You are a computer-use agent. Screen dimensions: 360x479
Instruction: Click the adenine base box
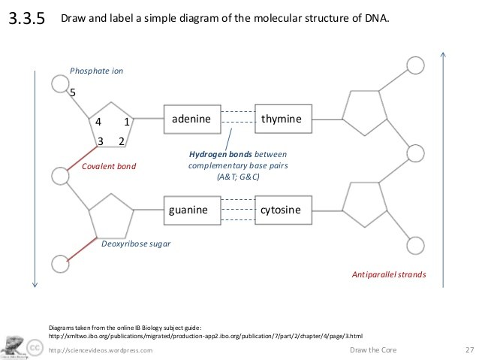[191, 119]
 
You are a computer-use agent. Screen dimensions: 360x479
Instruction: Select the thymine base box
[282, 119]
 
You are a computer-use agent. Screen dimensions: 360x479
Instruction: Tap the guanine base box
[188, 210]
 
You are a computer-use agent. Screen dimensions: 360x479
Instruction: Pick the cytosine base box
[281, 210]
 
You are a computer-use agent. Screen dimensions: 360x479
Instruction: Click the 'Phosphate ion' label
[96, 71]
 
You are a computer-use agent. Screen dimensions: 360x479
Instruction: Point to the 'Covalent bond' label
[110, 165]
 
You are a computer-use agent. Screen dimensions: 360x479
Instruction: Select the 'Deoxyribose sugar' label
[135, 244]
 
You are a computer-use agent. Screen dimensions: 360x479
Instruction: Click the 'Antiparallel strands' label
[389, 275]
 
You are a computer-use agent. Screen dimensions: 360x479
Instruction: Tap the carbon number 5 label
[73, 92]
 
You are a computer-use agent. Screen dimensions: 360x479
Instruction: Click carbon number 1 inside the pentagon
[127, 121]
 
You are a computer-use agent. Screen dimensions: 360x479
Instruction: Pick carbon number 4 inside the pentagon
[97, 121]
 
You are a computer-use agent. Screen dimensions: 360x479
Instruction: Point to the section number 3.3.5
[27, 20]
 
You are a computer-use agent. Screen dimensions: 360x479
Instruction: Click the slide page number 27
[470, 350]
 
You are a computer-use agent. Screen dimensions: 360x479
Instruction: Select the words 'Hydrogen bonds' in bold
[220, 154]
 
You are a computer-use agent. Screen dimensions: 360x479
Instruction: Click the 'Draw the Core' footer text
[373, 350]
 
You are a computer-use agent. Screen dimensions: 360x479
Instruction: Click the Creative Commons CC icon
[35, 347]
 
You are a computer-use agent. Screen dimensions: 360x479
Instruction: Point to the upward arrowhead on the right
[444, 54]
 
